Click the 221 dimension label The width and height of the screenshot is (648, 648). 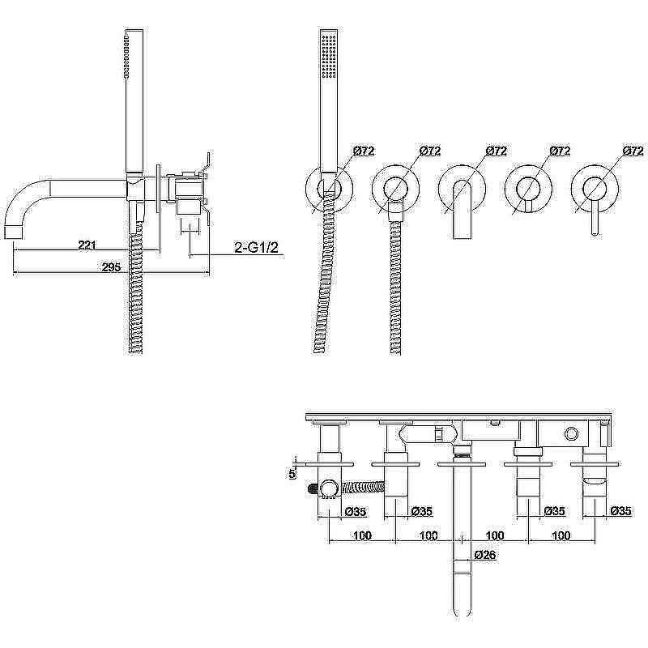[87, 245]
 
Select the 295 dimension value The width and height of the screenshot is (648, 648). [111, 267]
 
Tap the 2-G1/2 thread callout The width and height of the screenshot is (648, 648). [256, 248]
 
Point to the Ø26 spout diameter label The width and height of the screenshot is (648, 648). [485, 555]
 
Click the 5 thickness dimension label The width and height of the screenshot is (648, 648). [292, 474]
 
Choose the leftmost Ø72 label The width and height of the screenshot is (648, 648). [364, 151]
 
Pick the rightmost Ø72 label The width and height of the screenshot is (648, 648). [633, 151]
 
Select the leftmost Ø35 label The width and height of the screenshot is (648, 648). [356, 512]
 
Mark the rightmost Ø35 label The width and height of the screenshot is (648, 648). [620, 511]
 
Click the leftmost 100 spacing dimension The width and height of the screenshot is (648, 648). [362, 535]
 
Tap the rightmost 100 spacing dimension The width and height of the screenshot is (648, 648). [561, 535]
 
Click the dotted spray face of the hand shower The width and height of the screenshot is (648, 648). [330, 56]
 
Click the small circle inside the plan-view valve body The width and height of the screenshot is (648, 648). [572, 434]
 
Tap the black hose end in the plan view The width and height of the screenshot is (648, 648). [313, 489]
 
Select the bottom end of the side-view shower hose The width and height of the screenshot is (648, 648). [136, 352]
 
